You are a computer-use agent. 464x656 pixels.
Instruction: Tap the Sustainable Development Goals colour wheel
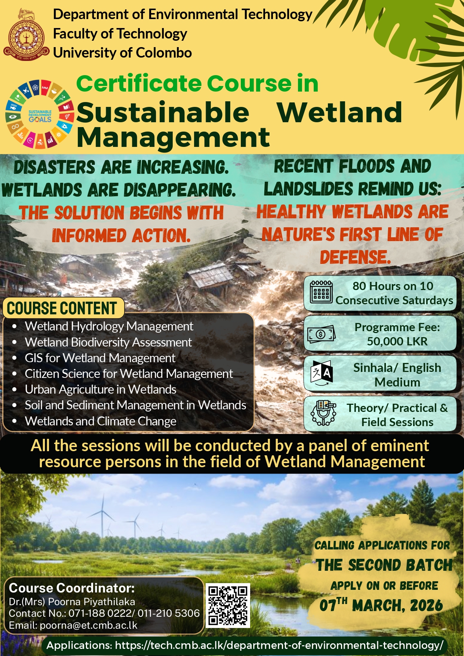(40, 114)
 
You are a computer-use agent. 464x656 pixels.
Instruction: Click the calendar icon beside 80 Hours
(321, 292)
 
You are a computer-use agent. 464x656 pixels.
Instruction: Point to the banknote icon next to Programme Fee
(321, 334)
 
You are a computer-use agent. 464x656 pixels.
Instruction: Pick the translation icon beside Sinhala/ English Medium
(321, 373)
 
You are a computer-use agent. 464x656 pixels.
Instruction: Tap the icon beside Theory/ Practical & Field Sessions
(323, 413)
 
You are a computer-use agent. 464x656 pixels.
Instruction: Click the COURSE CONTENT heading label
(62, 308)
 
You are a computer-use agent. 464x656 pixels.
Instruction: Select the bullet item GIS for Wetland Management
(100, 358)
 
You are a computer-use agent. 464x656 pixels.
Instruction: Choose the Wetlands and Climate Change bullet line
(100, 421)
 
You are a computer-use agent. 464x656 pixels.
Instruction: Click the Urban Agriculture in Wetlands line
(100, 389)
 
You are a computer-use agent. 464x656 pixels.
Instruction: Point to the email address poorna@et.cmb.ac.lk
(89, 625)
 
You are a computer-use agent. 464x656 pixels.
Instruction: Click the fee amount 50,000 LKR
(397, 341)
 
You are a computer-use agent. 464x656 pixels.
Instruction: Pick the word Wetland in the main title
(339, 113)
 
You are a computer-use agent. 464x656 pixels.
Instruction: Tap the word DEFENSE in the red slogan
(355, 257)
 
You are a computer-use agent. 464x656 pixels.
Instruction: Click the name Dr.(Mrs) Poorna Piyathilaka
(72, 602)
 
